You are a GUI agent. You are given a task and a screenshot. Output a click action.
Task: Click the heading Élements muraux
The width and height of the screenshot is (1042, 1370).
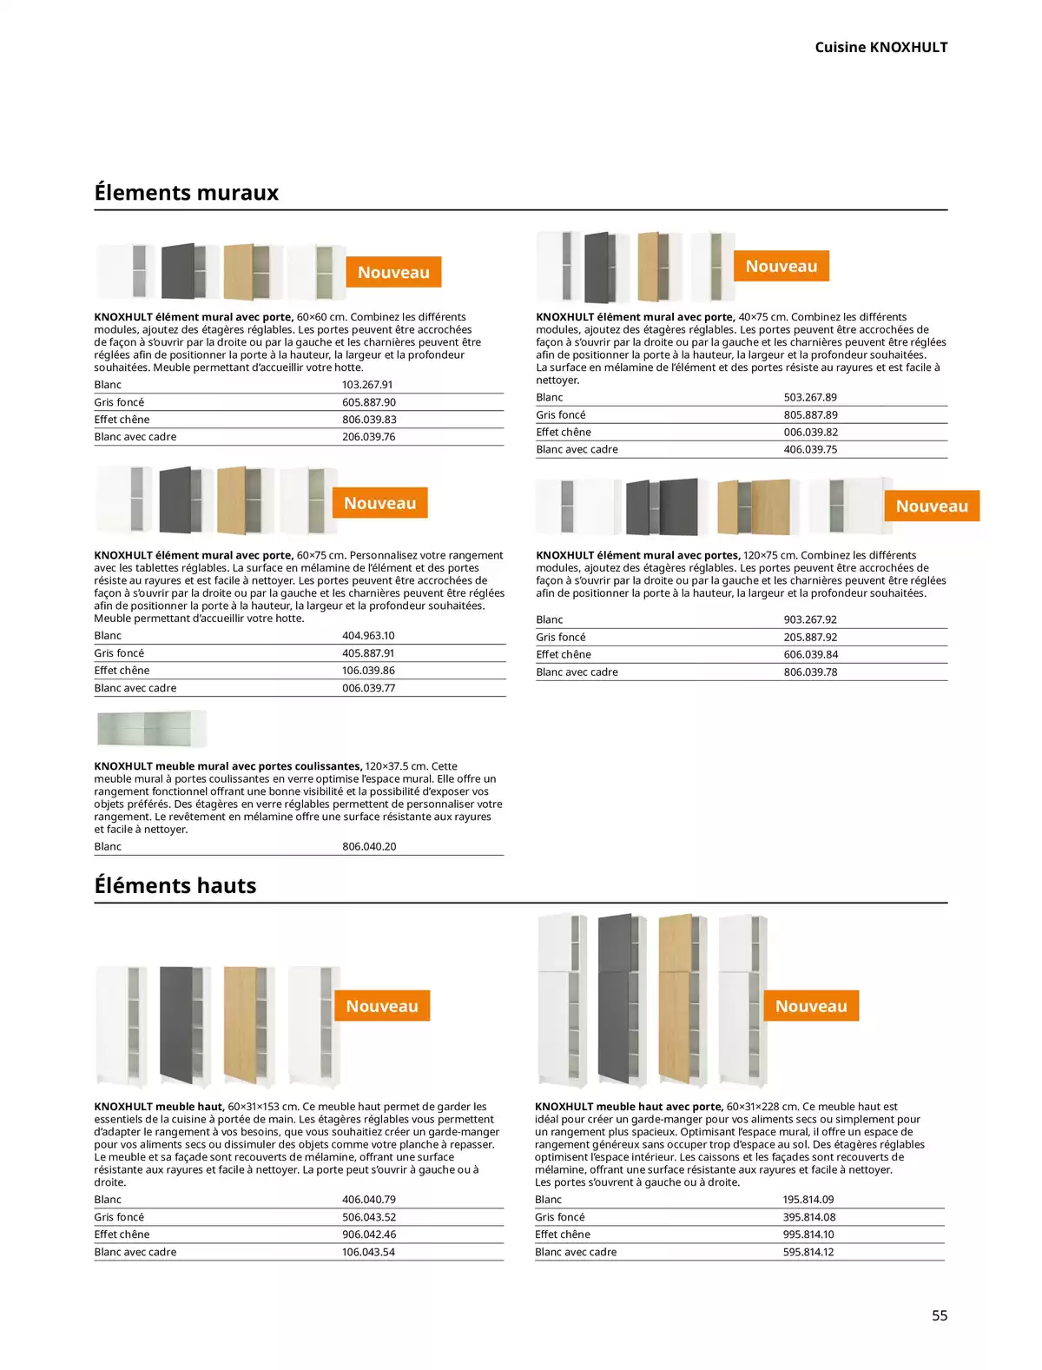point(186,192)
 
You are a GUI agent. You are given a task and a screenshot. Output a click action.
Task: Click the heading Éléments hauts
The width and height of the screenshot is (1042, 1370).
point(175,885)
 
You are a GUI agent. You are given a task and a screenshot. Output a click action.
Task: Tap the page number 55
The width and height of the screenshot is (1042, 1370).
point(940,1315)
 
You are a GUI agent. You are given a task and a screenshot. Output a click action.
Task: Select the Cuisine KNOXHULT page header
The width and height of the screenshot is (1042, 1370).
point(880,47)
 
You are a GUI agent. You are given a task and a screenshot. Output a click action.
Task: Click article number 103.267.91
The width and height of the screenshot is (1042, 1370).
point(367,385)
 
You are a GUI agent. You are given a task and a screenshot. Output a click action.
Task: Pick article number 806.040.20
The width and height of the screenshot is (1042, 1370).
point(369,846)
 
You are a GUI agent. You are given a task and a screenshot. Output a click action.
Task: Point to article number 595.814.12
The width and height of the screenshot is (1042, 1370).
point(808,1252)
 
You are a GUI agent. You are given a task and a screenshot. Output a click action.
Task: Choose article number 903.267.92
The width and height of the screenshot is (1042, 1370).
point(810,619)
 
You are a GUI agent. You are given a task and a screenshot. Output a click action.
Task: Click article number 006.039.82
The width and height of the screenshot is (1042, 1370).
point(810,432)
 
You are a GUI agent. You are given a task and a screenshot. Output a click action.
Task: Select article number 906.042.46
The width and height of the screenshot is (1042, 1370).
point(369,1234)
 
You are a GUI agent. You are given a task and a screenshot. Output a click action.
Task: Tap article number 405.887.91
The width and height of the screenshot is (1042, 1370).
point(368,653)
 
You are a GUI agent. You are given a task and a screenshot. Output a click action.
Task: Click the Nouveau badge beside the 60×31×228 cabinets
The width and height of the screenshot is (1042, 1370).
point(811,1006)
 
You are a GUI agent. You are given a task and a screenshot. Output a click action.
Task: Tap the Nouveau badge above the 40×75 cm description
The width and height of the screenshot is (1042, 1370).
point(781,266)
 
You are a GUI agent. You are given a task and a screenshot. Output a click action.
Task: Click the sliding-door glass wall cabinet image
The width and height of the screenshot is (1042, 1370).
point(151,729)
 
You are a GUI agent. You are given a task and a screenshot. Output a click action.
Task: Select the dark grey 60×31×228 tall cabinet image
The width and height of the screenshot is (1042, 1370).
point(621,999)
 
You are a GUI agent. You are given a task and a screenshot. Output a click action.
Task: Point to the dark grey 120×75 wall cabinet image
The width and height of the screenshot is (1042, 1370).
point(662,506)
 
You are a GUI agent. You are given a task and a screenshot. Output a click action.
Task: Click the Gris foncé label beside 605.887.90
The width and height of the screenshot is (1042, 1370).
point(119,402)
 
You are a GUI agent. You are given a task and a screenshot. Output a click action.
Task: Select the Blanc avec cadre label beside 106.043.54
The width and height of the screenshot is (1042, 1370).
point(135,1252)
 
